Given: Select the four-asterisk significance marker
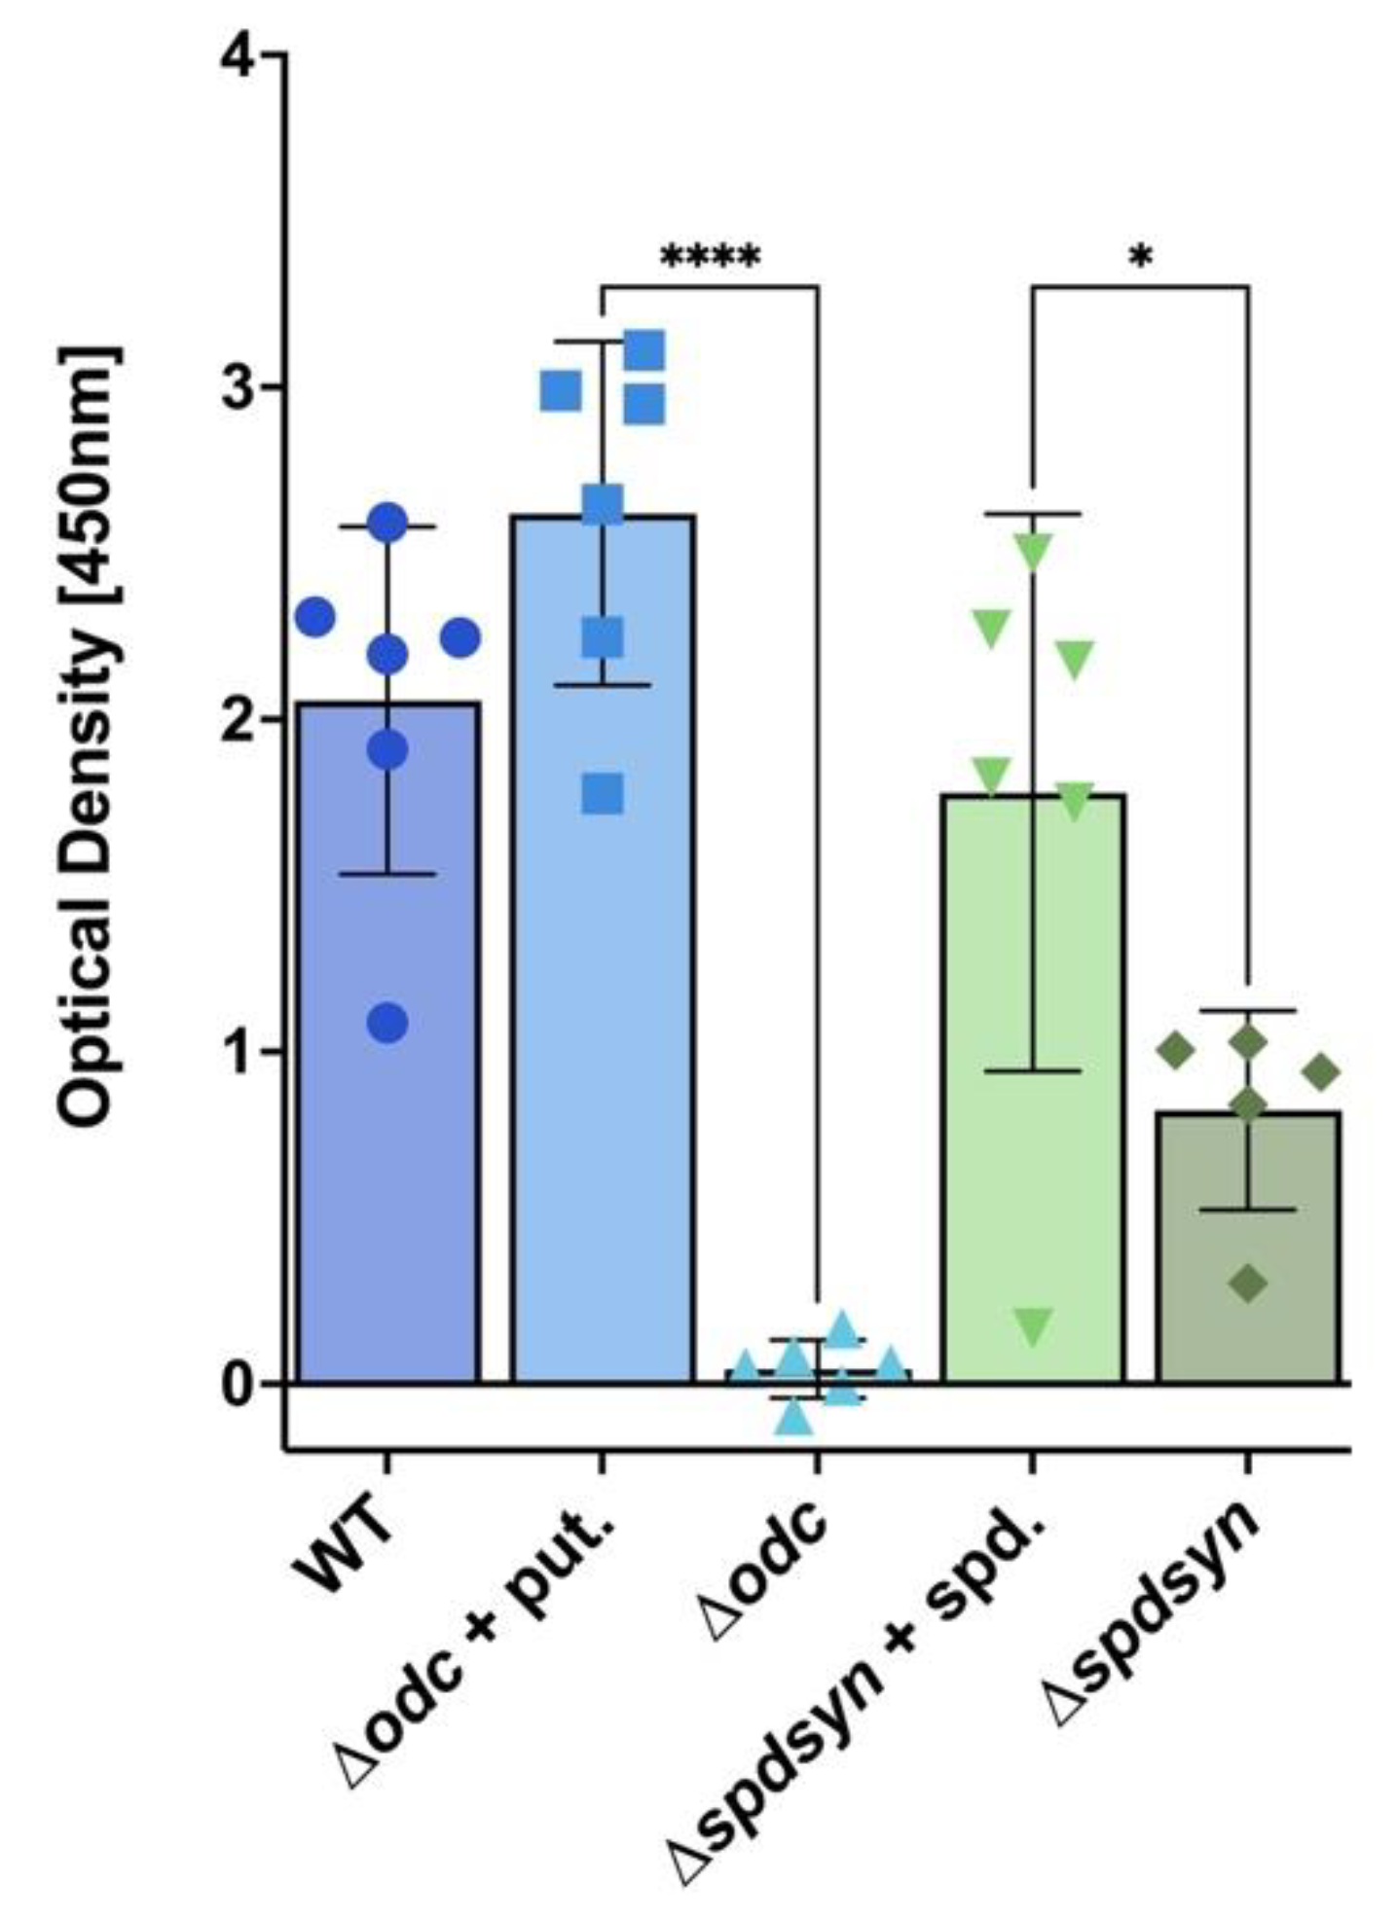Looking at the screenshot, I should pyautogui.click(x=710, y=258).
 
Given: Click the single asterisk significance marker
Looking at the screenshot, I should pyautogui.click(x=1140, y=259).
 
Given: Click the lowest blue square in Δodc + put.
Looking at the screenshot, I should pyautogui.click(x=603, y=795).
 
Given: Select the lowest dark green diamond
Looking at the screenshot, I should pyautogui.click(x=1248, y=1284).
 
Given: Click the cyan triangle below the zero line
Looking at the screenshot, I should pyautogui.click(x=794, y=1418).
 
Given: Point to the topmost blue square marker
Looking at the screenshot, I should pyautogui.click(x=644, y=350).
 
